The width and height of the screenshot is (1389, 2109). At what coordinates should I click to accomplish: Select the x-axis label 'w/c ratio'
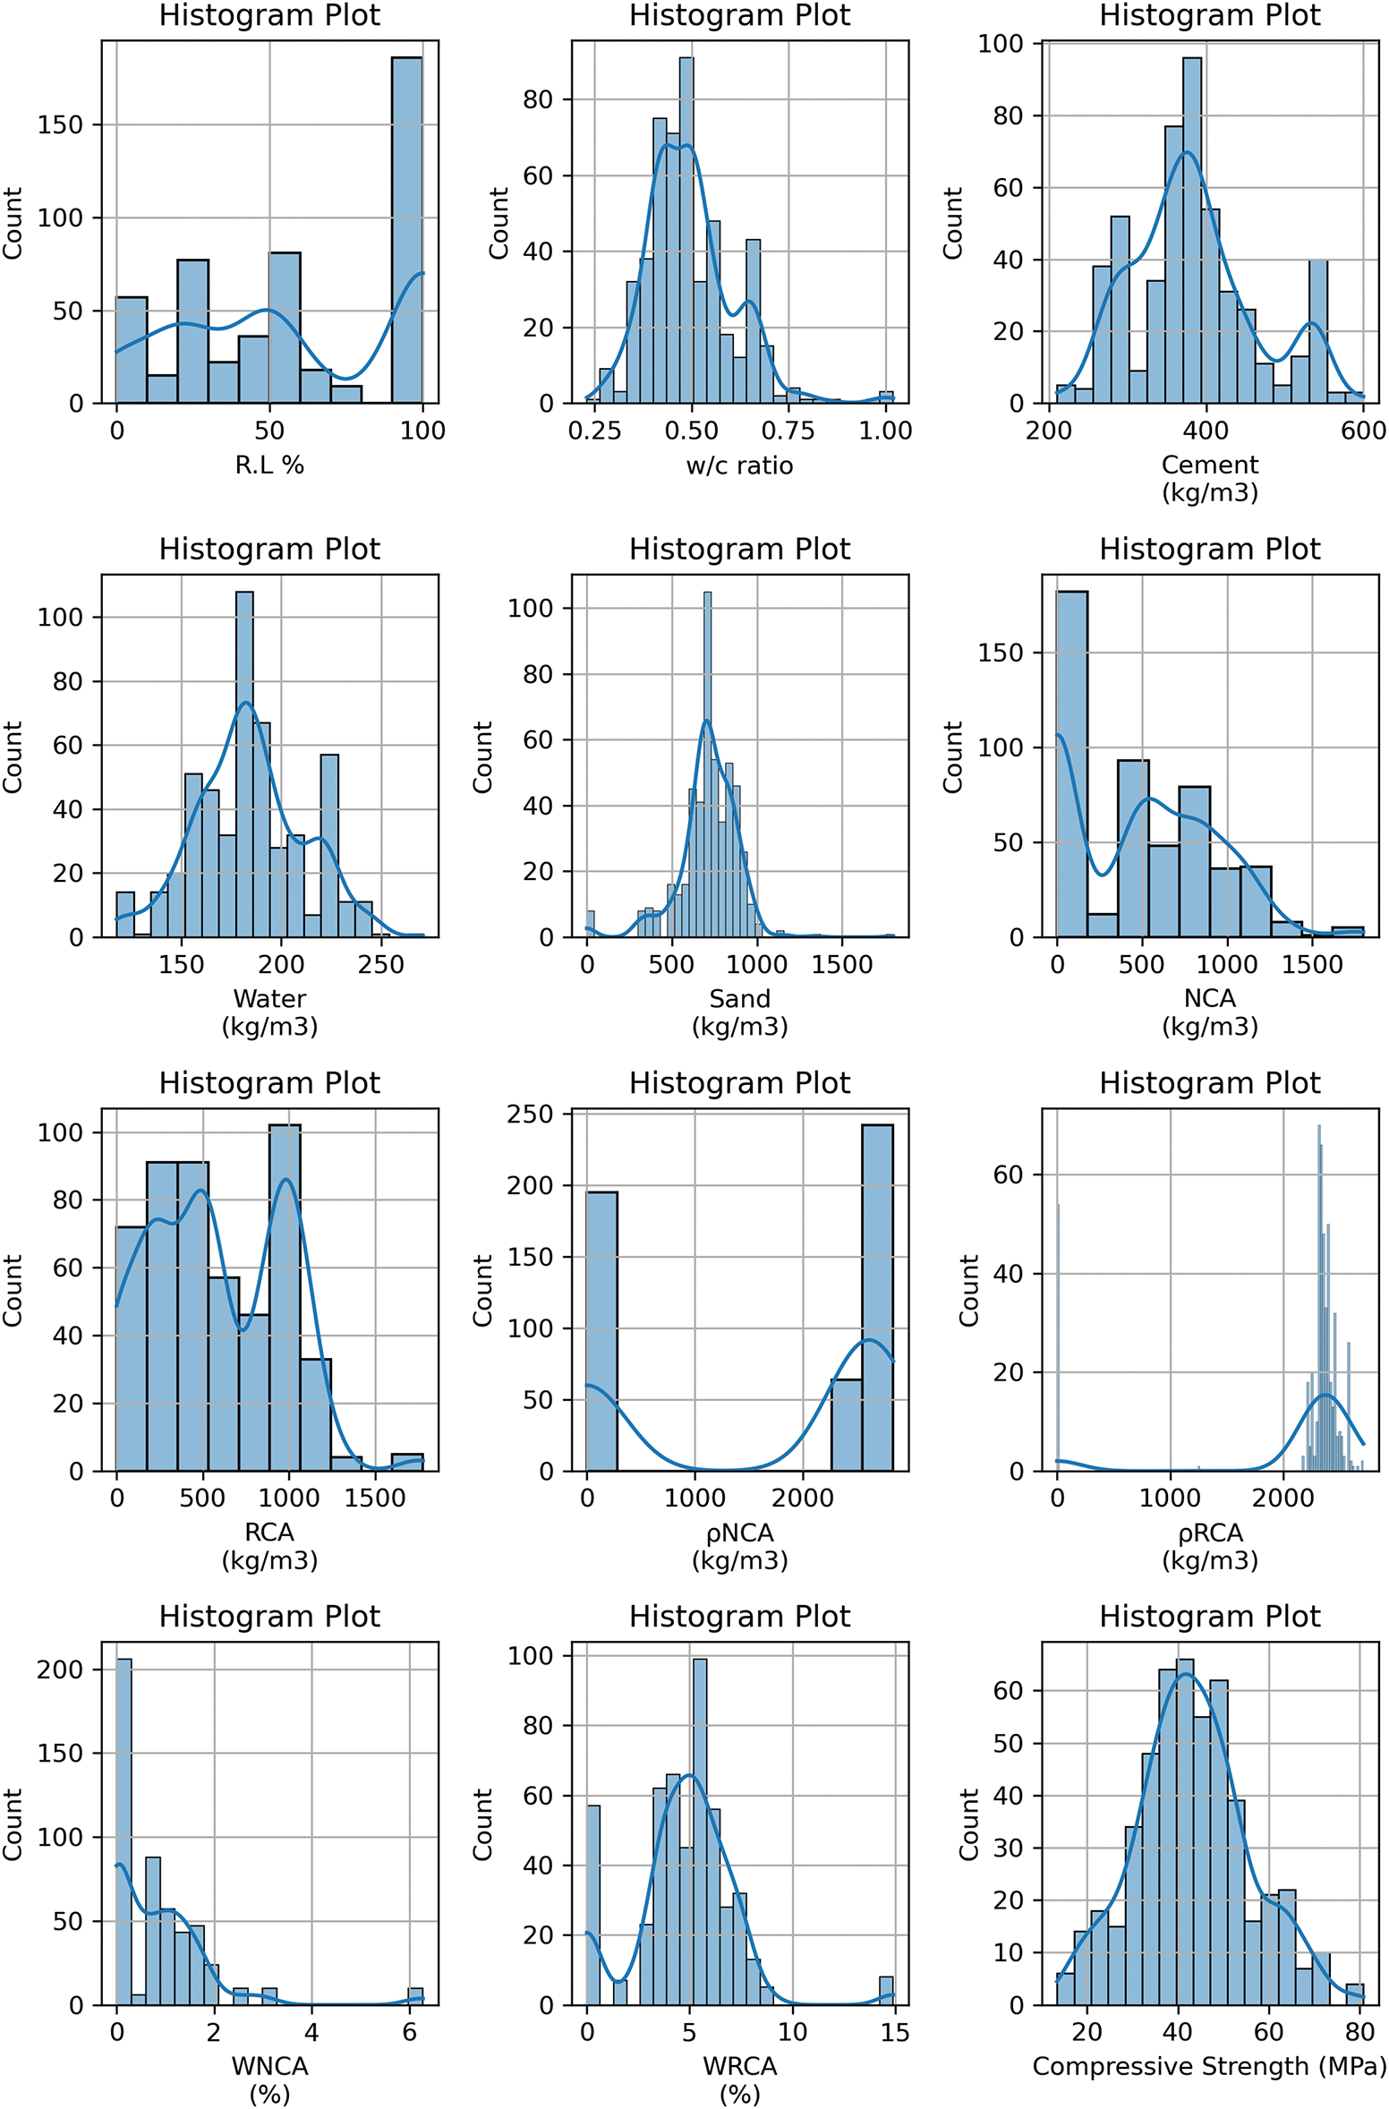click(739, 465)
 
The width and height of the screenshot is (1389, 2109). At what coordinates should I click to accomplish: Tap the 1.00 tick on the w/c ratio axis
click(885, 431)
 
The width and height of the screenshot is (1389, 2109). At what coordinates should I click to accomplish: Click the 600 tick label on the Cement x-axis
click(1363, 431)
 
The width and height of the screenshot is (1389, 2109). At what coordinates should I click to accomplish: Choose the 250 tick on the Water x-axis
click(381, 965)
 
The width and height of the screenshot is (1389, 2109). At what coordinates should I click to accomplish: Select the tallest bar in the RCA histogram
click(285, 1297)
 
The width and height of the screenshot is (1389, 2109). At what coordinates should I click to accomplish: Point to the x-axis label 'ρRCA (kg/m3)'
click(1210, 1546)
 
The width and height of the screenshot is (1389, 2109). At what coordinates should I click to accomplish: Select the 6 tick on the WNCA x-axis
click(410, 2032)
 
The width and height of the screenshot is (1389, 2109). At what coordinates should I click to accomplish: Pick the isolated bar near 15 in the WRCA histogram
click(886, 1991)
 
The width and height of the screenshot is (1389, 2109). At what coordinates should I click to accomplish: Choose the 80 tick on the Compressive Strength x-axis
click(1359, 2032)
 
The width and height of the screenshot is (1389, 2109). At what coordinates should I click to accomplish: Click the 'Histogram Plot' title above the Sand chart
click(739, 549)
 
